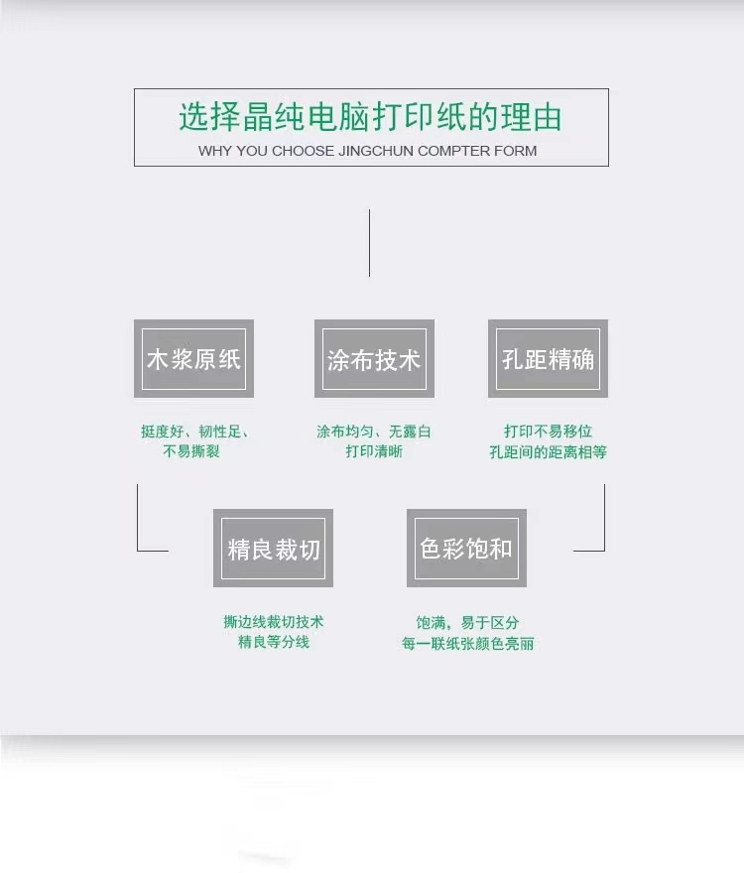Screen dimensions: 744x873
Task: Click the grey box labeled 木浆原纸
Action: click(193, 358)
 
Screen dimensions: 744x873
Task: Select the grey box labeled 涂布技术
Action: click(374, 358)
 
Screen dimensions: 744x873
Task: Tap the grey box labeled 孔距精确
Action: click(548, 358)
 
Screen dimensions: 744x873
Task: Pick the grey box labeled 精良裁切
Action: click(273, 548)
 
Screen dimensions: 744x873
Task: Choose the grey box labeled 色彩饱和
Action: click(466, 548)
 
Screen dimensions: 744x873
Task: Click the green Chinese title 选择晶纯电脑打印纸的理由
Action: click(370, 117)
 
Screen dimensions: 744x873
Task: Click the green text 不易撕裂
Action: click(191, 451)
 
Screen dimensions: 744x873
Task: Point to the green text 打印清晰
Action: click(374, 451)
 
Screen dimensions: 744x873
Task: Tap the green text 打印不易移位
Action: click(548, 432)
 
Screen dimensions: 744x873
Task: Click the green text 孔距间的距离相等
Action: click(548, 452)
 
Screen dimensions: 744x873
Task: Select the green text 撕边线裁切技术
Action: click(273, 622)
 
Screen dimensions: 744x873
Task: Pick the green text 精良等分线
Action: click(273, 642)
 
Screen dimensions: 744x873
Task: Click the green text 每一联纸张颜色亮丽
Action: click(467, 644)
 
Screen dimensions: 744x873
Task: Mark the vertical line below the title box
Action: click(369, 242)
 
